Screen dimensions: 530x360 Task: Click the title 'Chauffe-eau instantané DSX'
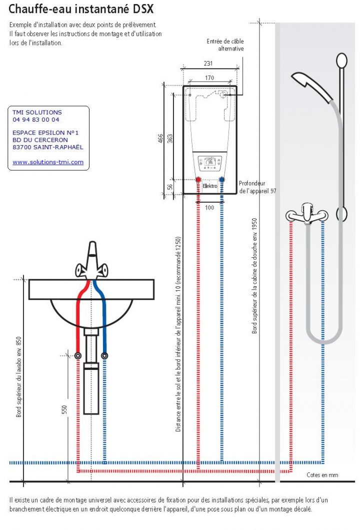pos(81,9)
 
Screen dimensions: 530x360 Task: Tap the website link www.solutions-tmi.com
pos(48,162)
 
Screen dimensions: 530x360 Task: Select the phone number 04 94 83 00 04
pos(36,120)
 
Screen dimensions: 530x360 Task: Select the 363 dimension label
pos(170,138)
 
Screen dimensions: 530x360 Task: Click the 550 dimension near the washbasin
pos(64,410)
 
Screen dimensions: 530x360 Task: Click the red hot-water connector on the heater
pos(198,180)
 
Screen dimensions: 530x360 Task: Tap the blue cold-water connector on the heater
pos(222,180)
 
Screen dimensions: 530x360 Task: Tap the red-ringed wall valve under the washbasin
pos(78,355)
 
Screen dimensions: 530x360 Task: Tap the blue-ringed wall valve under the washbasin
pos(104,355)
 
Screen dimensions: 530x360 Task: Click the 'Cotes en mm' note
pos(322,474)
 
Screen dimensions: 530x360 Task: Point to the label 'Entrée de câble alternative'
pos(225,45)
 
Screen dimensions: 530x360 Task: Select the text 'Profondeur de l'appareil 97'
pos(257,187)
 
